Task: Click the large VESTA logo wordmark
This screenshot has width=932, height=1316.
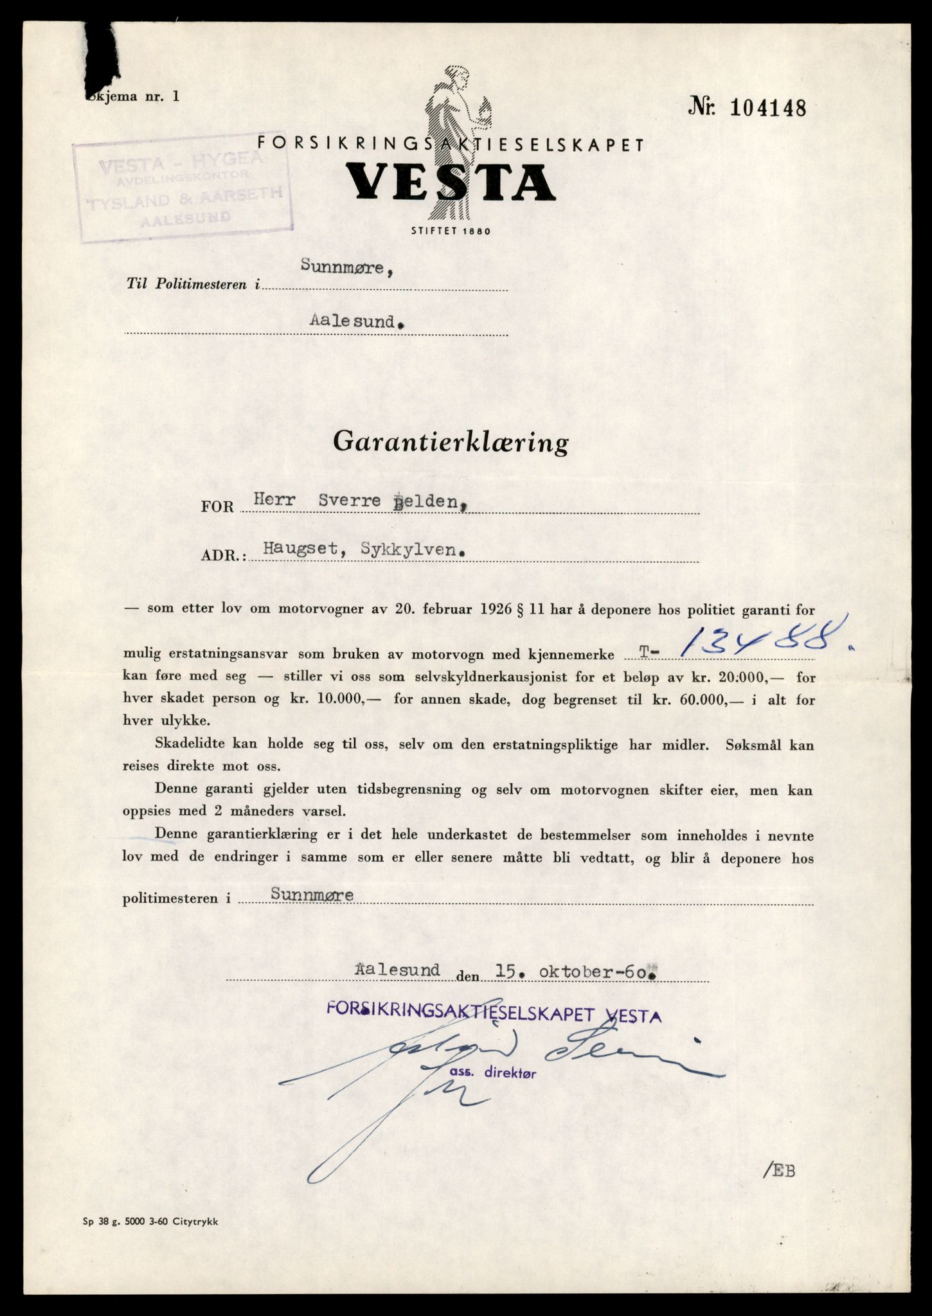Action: tap(450, 182)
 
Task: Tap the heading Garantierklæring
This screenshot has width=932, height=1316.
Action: tap(451, 443)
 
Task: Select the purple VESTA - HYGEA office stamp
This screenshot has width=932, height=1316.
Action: tap(183, 190)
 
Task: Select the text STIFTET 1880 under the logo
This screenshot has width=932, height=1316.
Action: tap(451, 231)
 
